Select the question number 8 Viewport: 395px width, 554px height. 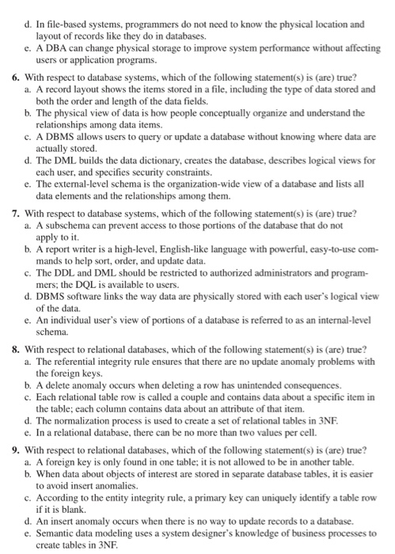(x=17, y=348)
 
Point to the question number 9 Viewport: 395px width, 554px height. (x=17, y=450)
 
